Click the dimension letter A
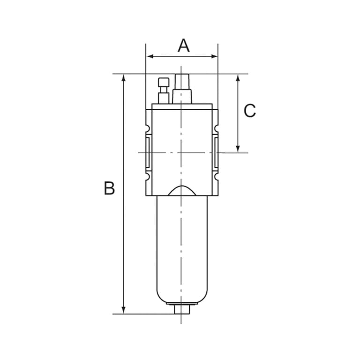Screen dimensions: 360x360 click(x=184, y=45)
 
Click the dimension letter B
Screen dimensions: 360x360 click(x=109, y=188)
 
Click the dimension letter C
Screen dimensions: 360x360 click(x=249, y=111)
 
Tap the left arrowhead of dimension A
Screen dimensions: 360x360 click(x=150, y=56)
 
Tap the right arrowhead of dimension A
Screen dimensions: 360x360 click(x=214, y=56)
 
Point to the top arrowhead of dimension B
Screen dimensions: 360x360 click(x=124, y=78)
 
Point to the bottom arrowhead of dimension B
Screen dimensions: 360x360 click(x=124, y=310)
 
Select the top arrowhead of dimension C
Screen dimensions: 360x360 click(x=238, y=78)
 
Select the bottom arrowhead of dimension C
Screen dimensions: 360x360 click(x=238, y=149)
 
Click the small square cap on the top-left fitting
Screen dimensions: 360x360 click(x=164, y=82)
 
